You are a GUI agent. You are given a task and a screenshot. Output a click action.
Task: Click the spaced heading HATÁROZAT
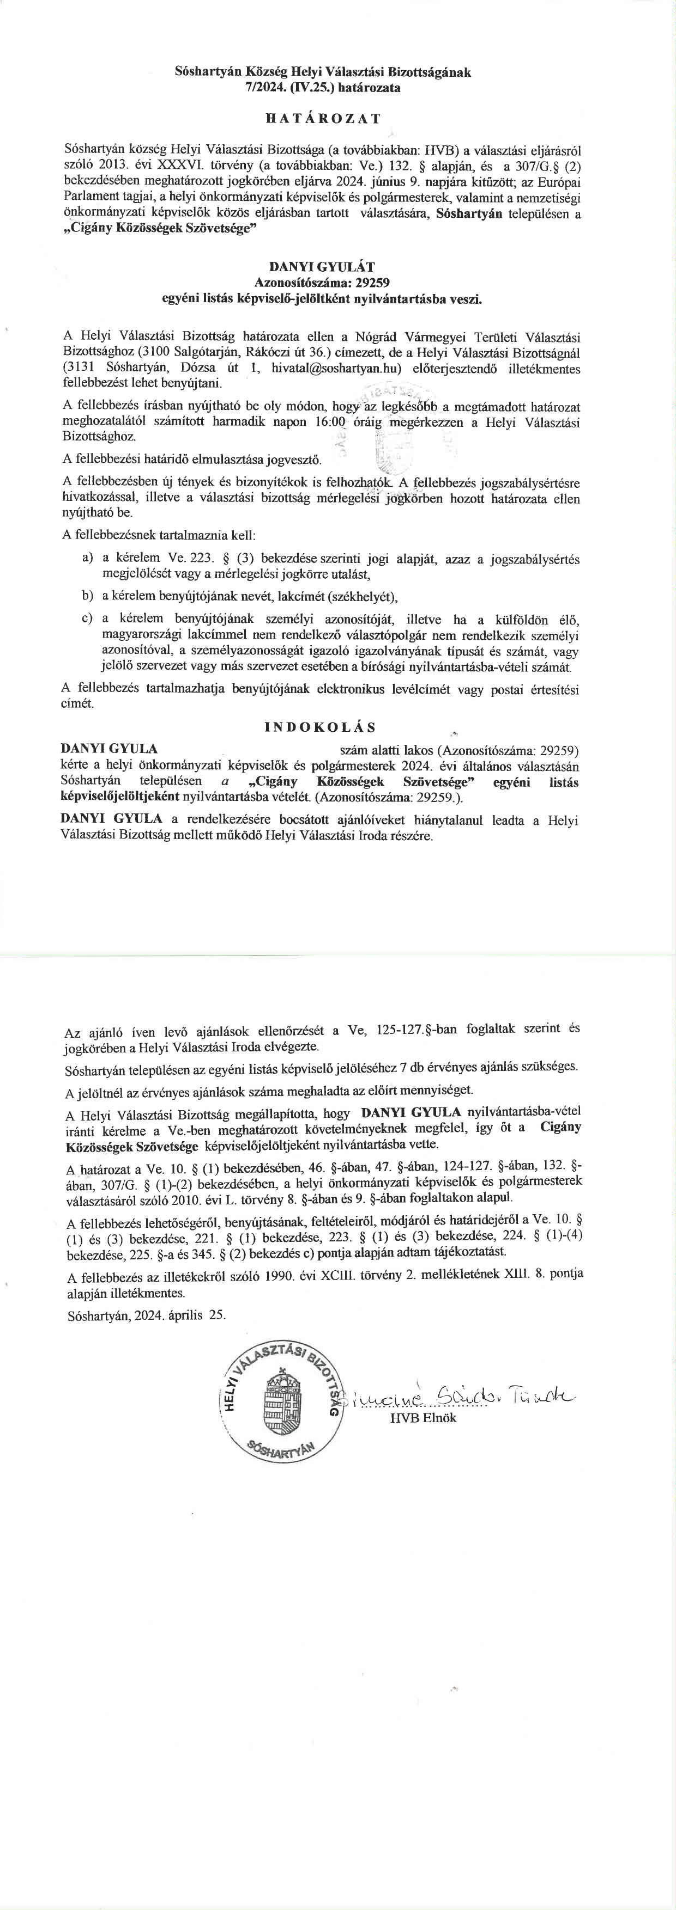pos(322,119)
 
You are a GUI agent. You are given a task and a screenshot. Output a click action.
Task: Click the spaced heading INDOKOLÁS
pos(320,727)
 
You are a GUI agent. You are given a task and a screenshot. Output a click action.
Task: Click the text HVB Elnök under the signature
pos(423,1418)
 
